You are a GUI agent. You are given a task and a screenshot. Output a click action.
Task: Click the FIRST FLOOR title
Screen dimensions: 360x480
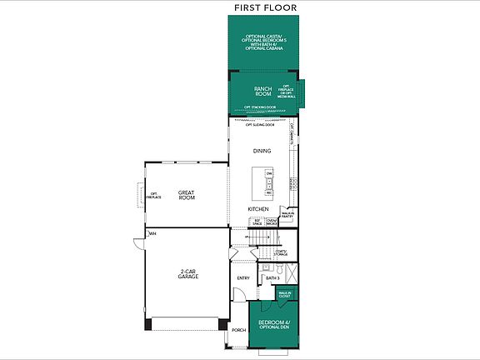(265, 7)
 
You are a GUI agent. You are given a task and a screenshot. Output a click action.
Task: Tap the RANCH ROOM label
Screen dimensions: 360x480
(263, 92)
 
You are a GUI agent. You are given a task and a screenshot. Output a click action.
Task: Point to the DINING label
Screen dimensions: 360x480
(262, 151)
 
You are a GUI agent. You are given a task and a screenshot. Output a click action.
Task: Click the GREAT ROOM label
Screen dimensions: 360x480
(186, 195)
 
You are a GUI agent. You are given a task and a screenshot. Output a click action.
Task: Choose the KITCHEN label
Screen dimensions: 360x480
(257, 208)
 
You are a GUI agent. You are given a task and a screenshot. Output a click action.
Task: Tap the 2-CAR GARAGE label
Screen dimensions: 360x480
(187, 276)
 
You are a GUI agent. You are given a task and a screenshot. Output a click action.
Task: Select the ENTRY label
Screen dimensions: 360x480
(243, 278)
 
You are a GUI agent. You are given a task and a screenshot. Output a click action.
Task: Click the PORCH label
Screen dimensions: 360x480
(238, 329)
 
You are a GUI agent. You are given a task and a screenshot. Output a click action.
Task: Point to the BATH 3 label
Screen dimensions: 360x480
(272, 277)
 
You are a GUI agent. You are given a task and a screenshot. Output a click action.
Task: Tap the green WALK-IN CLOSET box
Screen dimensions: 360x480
(285, 294)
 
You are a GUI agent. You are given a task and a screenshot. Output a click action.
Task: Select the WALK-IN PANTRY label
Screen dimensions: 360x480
(287, 214)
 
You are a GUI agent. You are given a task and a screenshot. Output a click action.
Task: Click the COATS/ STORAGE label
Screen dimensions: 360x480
(281, 253)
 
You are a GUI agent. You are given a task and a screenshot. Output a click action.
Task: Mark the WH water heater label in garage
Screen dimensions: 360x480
(152, 234)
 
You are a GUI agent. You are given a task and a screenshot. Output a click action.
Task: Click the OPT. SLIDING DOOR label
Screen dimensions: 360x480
(248, 124)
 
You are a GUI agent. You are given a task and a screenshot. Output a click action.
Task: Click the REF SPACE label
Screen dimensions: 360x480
(257, 221)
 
